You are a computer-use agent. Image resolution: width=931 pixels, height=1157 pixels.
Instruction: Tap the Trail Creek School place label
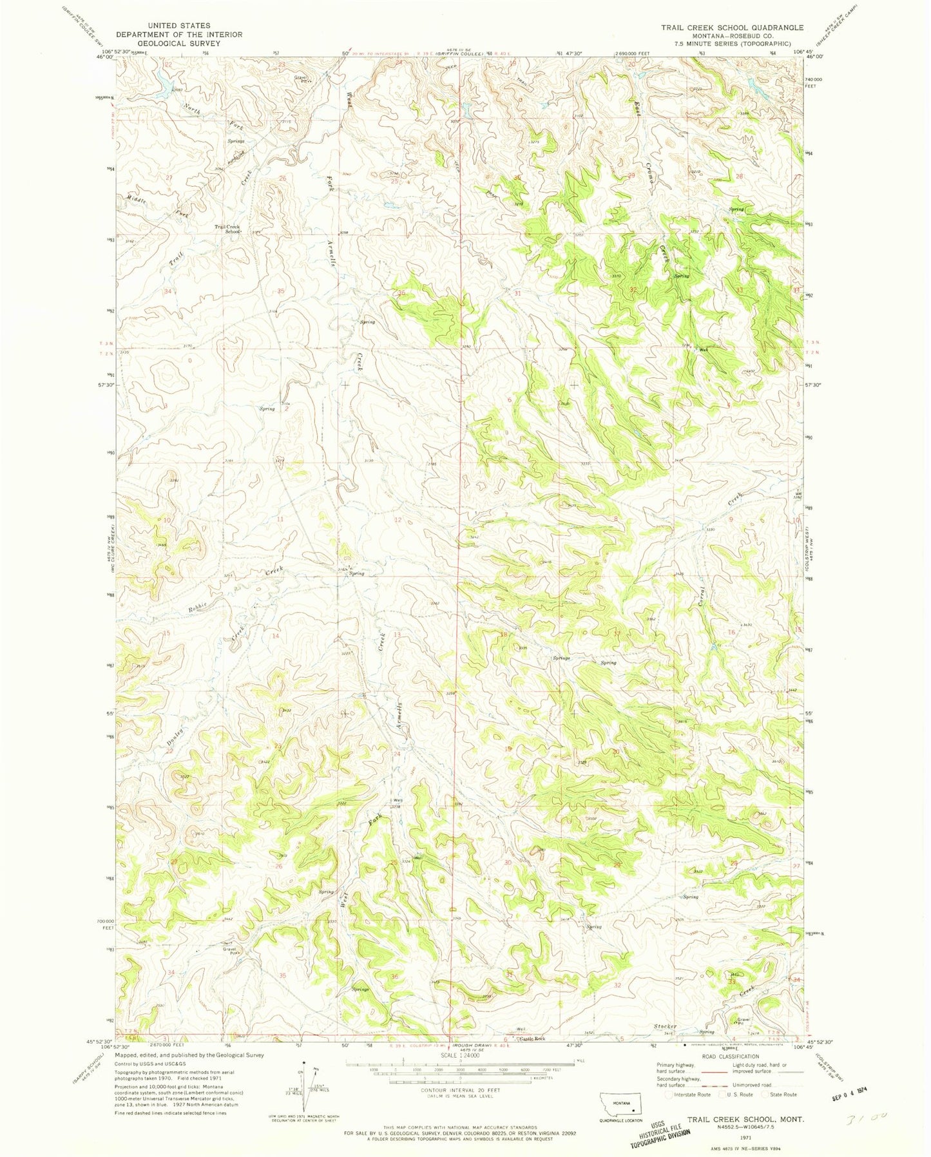[x=227, y=229]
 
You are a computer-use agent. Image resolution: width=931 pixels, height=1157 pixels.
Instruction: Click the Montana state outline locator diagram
[x=620, y=1103]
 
